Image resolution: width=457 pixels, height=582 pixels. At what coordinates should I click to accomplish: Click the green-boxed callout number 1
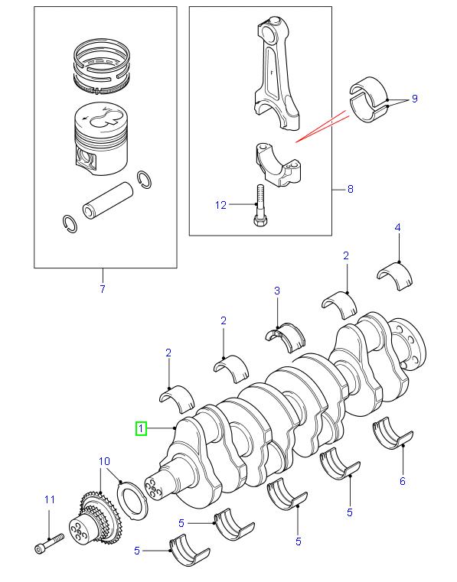(x=141, y=428)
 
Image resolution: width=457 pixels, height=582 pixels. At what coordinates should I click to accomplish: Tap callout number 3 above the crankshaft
(x=277, y=291)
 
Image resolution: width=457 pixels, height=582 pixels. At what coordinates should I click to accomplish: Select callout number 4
(x=397, y=227)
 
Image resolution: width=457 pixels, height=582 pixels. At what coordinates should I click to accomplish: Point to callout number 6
(x=402, y=481)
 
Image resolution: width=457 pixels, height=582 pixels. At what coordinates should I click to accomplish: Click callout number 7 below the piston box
(x=102, y=288)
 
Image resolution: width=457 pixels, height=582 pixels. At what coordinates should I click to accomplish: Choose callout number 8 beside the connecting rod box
(x=350, y=189)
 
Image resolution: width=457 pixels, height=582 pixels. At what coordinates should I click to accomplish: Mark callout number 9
(x=414, y=99)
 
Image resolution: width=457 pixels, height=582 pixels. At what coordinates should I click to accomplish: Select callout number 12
(x=220, y=204)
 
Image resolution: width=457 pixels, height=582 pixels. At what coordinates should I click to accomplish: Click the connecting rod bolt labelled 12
(x=260, y=206)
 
